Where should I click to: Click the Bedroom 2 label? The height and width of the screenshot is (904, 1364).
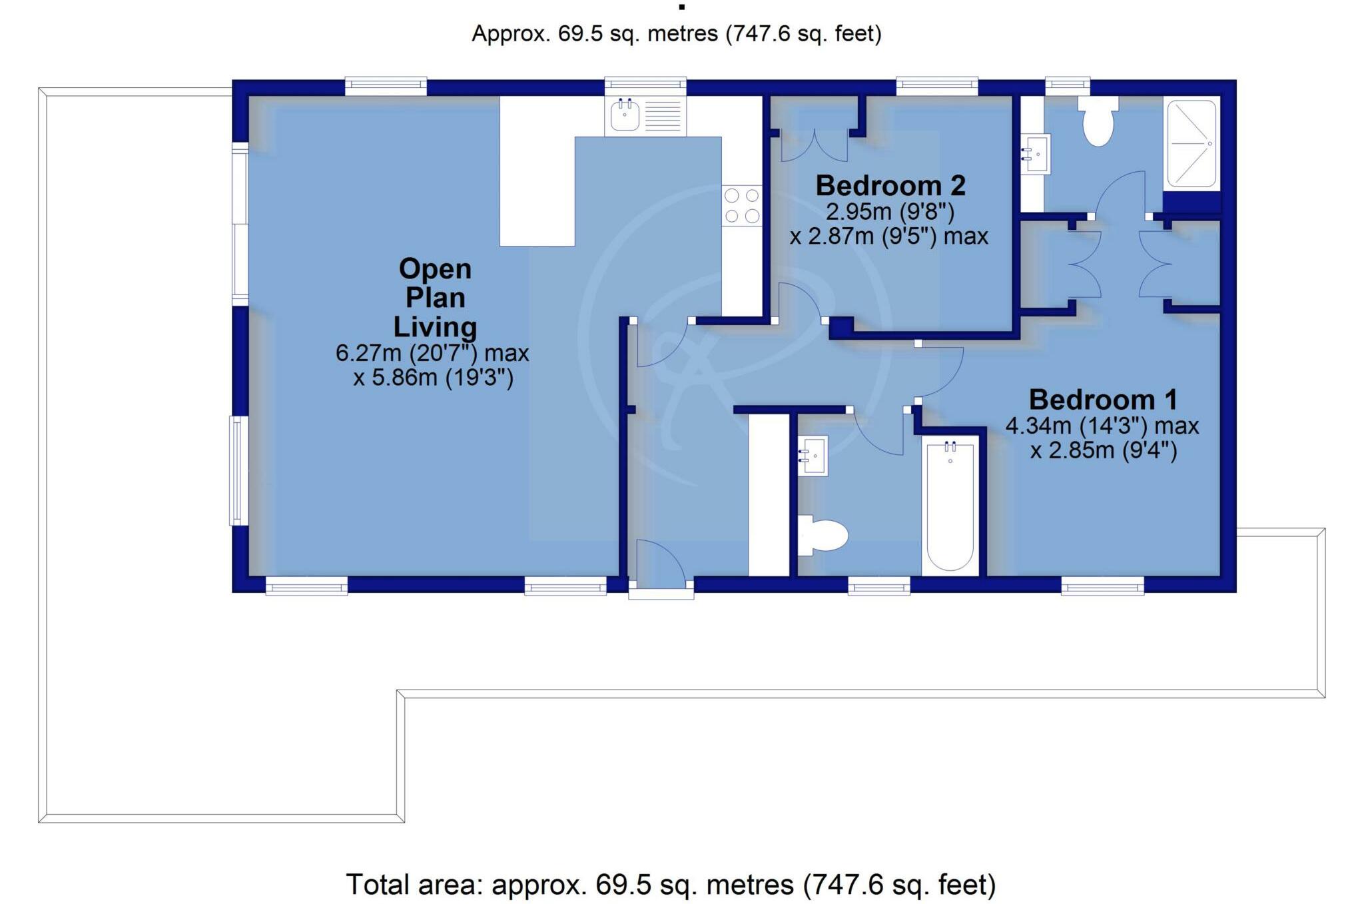click(x=890, y=186)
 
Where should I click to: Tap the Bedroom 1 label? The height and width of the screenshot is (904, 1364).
click(x=1103, y=400)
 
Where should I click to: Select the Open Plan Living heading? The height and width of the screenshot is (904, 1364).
click(x=435, y=298)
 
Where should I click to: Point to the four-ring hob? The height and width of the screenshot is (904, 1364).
click(x=742, y=205)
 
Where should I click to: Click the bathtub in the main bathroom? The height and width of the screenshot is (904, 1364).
click(x=950, y=506)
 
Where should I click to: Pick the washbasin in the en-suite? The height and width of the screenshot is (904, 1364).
click(x=1036, y=154)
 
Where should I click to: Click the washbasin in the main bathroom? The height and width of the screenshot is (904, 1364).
click(x=813, y=456)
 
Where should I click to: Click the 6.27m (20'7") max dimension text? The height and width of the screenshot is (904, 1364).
click(x=432, y=353)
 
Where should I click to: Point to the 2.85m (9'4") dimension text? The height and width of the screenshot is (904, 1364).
click(x=1104, y=451)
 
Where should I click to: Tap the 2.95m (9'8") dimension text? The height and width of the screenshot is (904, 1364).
click(x=890, y=212)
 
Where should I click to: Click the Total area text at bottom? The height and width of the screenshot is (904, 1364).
click(x=671, y=885)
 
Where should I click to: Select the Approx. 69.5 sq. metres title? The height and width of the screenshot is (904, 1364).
click(x=676, y=33)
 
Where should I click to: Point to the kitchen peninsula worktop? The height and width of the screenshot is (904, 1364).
click(x=537, y=171)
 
